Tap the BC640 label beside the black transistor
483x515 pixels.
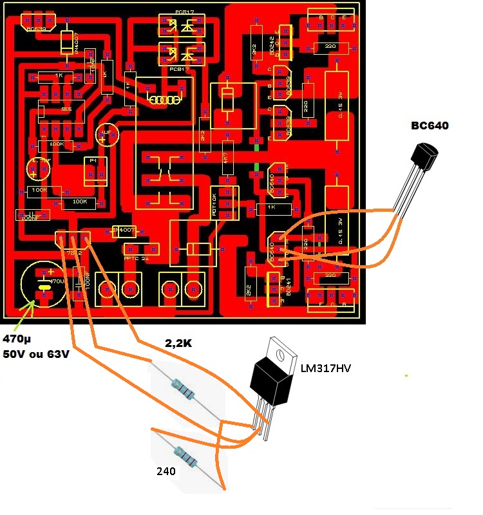[x=430, y=126]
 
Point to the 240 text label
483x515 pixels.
[x=166, y=471]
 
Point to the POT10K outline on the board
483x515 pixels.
[x=223, y=201]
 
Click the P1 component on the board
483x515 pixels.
[x=95, y=169]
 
